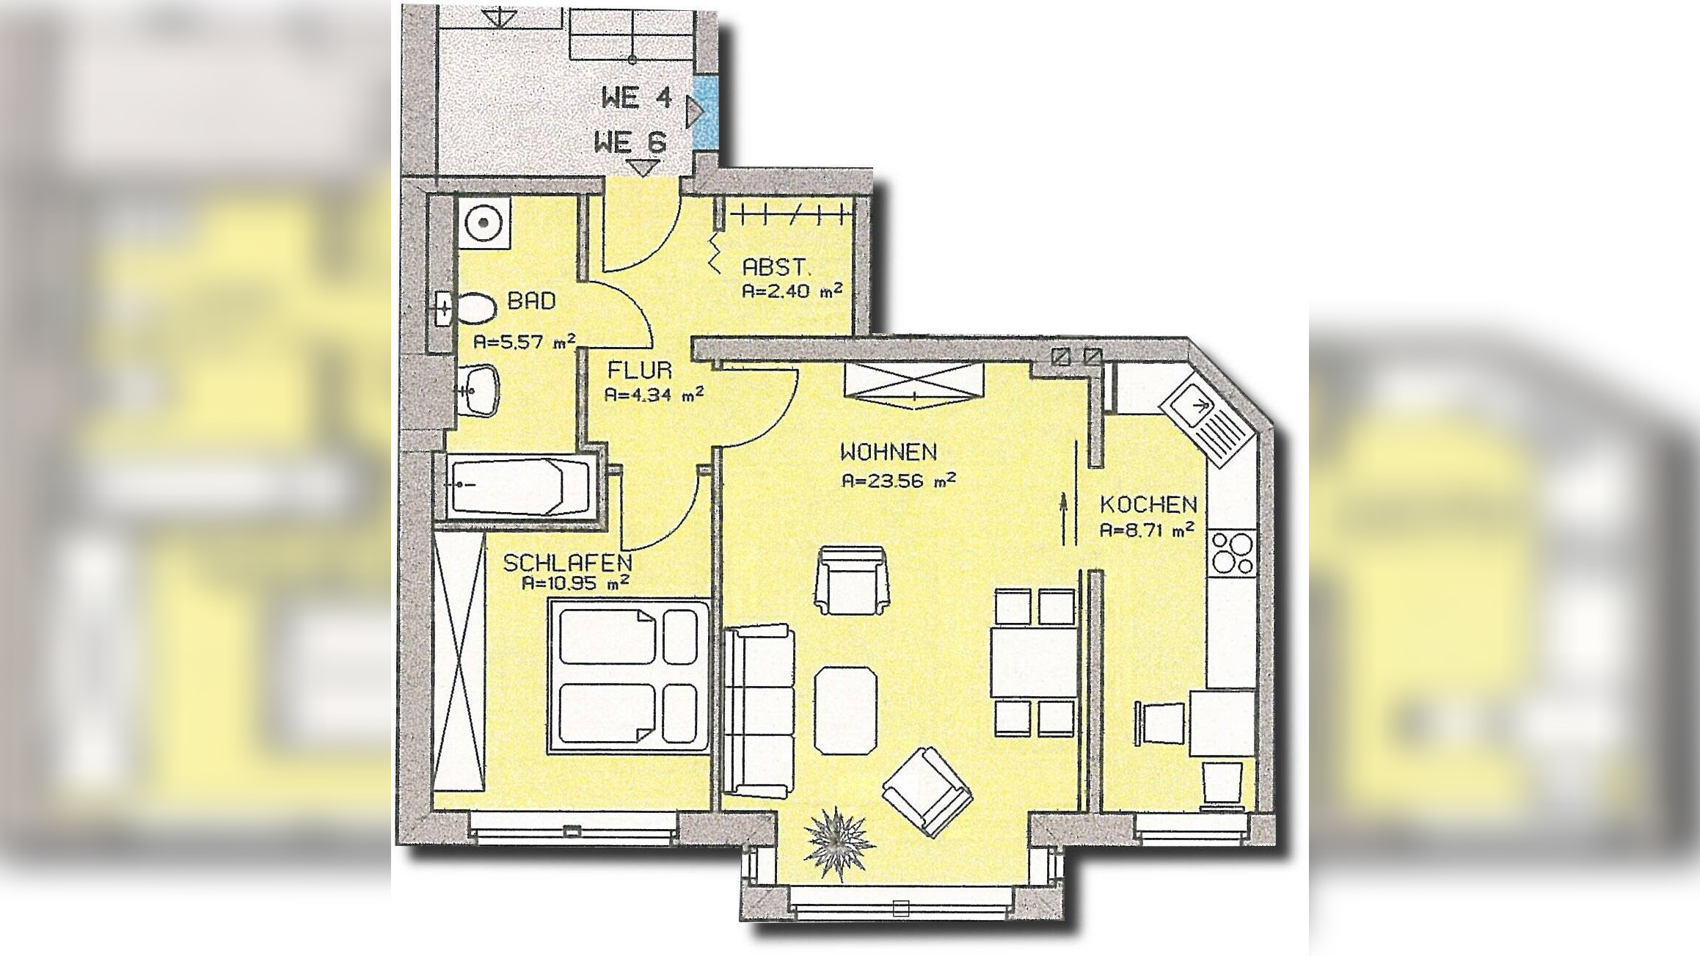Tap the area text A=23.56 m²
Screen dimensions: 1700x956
click(x=899, y=481)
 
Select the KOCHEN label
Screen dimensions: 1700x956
click(x=1148, y=504)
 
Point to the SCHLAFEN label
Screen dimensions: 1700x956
click(x=567, y=563)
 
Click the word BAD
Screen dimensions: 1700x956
click(x=532, y=300)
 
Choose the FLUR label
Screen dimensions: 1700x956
click(x=639, y=370)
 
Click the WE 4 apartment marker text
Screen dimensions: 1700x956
click(x=636, y=98)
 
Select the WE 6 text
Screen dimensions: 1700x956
click(x=630, y=142)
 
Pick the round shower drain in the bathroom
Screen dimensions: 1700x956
click(x=484, y=221)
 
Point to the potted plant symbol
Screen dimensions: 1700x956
click(x=839, y=842)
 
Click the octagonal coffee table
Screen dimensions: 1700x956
click(x=846, y=709)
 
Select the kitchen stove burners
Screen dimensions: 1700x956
click(x=1233, y=552)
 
